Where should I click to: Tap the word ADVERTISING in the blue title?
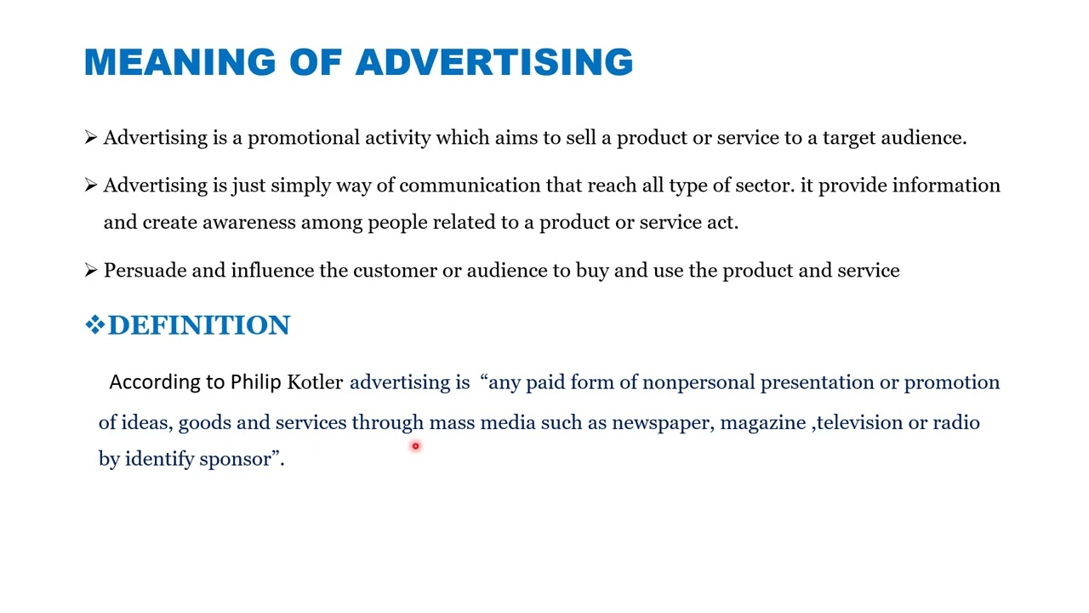click(x=494, y=63)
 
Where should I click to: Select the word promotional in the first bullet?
click(x=303, y=138)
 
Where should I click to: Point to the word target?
click(x=848, y=138)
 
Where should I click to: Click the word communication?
click(x=470, y=186)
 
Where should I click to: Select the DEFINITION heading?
click(x=199, y=325)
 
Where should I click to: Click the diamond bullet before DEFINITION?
click(x=94, y=324)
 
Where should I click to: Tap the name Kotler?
click(x=315, y=382)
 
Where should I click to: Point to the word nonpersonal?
click(x=698, y=382)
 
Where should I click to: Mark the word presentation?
click(x=817, y=382)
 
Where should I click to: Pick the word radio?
click(x=956, y=423)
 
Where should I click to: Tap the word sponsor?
click(x=236, y=460)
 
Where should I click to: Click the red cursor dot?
click(x=415, y=446)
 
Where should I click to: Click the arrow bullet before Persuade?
click(x=91, y=271)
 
